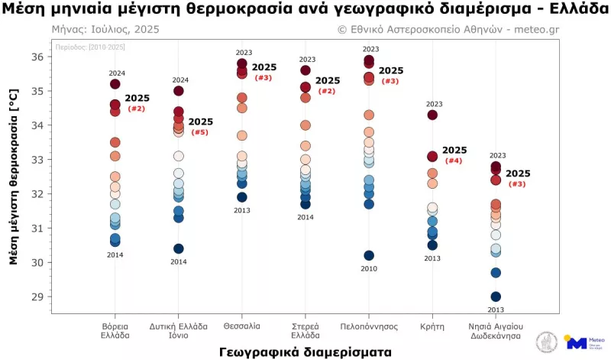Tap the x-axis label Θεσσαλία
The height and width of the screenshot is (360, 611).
(241, 326)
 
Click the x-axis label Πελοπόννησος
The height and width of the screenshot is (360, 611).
(369, 326)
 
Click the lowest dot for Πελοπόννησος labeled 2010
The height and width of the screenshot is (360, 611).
(369, 255)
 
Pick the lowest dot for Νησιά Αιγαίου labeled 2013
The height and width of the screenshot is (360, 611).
(496, 297)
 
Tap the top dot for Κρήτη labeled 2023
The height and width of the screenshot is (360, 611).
(432, 115)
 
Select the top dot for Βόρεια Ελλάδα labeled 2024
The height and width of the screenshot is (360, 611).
(115, 84)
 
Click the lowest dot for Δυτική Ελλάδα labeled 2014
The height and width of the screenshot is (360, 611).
(179, 248)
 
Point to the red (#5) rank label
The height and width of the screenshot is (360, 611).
(199, 132)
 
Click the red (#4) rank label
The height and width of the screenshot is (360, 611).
(453, 161)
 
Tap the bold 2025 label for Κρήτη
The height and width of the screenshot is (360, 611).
(454, 151)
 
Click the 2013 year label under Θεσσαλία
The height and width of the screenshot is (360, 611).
(242, 210)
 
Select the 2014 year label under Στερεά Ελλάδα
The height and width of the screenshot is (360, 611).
(305, 217)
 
